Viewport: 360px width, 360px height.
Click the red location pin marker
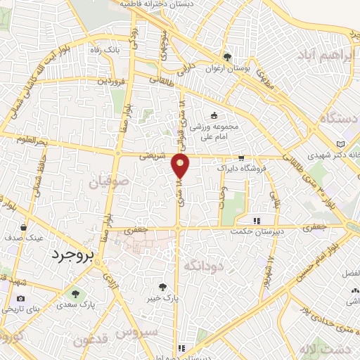(181, 166)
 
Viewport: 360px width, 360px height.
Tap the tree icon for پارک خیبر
(163, 287)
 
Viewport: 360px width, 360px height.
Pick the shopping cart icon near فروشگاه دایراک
(242, 158)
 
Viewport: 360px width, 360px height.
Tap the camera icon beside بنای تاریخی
(20, 298)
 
